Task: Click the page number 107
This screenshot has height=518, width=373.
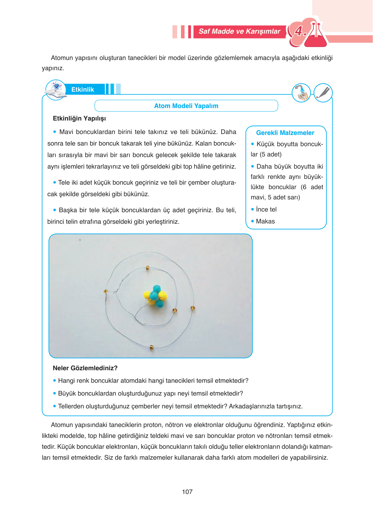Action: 187,492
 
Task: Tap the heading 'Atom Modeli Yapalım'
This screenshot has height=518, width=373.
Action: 186,106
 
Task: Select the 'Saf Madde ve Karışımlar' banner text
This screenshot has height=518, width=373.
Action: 239,31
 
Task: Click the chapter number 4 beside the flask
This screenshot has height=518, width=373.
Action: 300,31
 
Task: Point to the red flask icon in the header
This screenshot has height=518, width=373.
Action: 316,35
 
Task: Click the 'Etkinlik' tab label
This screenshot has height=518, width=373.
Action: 82,89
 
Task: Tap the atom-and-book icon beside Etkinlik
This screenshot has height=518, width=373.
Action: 56,90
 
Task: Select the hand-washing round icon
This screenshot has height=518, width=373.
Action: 301,93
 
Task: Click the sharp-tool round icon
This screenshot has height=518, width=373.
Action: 323,93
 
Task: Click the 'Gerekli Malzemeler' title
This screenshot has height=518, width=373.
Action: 285,133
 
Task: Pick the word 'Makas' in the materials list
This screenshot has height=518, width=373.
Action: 265,221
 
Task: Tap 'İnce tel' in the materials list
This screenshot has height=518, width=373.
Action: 266,209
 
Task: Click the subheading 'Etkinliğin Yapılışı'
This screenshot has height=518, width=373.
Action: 79,118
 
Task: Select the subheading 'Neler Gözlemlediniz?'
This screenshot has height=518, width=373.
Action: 85,368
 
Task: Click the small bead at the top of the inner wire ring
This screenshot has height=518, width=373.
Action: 148,268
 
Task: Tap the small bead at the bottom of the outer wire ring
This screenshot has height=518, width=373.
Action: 152,347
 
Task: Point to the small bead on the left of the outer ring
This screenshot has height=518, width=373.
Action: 106,291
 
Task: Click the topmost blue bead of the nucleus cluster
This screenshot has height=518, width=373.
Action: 157,288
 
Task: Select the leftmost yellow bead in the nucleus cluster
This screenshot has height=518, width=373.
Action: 147,295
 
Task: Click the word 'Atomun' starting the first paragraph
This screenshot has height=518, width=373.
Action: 61,58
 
